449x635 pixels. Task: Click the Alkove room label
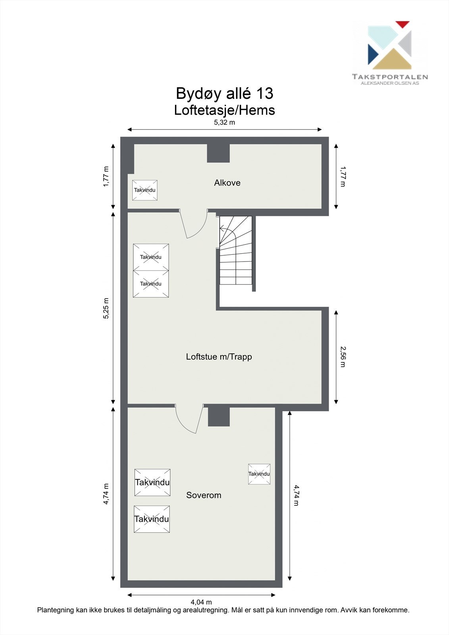[x=227, y=183]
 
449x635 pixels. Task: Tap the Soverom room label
[x=204, y=495]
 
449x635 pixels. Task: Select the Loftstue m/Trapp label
[x=219, y=357]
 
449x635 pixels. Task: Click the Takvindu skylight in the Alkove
[x=145, y=190]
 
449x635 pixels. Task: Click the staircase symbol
[x=236, y=251]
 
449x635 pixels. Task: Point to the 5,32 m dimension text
[x=224, y=123]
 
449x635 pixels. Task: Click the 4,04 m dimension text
[x=201, y=602]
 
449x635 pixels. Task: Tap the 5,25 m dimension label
[x=106, y=308]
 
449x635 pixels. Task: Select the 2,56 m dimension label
[x=343, y=356]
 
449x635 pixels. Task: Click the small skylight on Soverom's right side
[x=259, y=474]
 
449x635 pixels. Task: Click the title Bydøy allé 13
[x=224, y=94]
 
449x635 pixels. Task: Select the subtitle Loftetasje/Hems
[x=224, y=110]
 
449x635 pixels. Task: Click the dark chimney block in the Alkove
[x=218, y=153]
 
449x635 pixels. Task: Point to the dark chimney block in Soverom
[x=219, y=416]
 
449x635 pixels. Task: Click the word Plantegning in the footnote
[x=55, y=610]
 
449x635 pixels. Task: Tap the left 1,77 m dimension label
[x=106, y=177]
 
